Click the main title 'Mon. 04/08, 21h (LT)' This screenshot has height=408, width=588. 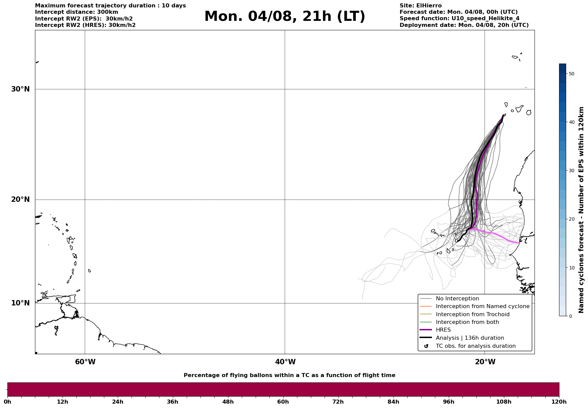285,16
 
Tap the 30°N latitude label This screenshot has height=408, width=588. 20,89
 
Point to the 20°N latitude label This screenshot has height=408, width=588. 20,199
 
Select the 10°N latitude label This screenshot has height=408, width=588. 20,303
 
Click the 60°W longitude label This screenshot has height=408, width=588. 85,362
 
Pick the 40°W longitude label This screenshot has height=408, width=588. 285,362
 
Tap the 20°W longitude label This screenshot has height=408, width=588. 485,362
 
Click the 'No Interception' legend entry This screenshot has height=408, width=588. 457,299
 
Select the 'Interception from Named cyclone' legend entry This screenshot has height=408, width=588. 482,306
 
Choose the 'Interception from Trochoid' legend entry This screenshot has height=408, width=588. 472,314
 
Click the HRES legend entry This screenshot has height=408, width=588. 443,330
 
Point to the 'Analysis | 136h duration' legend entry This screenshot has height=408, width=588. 470,338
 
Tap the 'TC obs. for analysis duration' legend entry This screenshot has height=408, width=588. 475,346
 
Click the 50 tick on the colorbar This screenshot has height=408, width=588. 571,74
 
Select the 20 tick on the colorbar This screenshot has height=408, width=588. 571,219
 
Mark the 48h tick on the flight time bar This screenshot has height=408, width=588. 228,402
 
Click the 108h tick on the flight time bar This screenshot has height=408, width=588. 504,402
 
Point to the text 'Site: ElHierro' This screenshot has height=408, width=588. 420,6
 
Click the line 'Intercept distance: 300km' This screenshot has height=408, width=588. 76,12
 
